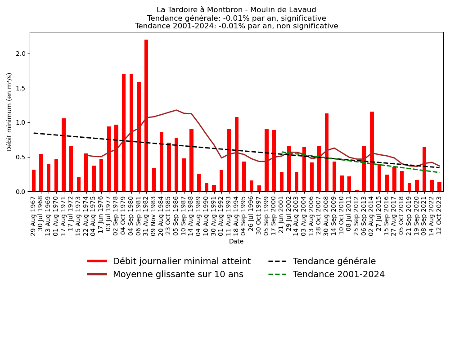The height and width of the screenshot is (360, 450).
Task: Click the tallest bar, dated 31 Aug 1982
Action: click(x=146, y=116)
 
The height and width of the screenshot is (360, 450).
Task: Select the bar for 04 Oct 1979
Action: click(x=124, y=133)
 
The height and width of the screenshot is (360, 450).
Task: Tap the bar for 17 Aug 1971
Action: click(x=63, y=155)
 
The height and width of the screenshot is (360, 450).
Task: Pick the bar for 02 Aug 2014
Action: click(x=372, y=152)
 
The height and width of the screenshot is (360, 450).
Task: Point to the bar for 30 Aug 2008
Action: click(x=327, y=153)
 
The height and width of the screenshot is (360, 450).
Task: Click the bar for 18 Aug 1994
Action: click(x=237, y=154)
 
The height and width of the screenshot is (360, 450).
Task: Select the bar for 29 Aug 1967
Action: click(x=34, y=180)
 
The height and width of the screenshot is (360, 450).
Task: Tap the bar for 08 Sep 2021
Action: click(x=424, y=169)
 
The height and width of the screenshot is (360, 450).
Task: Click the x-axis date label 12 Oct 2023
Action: click(x=440, y=216)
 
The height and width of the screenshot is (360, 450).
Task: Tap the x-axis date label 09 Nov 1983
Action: click(x=154, y=216)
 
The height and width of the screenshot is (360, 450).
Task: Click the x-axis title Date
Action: click(x=236, y=242)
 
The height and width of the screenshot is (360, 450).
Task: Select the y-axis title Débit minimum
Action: click(x=10, y=112)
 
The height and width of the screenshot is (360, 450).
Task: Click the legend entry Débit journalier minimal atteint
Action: click(x=181, y=261)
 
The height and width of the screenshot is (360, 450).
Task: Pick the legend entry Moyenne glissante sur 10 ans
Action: click(x=178, y=274)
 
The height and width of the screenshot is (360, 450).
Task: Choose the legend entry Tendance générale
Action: click(x=334, y=261)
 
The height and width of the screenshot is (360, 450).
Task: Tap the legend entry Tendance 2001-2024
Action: click(x=338, y=274)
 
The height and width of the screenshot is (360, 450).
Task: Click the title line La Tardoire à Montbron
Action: click(x=236, y=10)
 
